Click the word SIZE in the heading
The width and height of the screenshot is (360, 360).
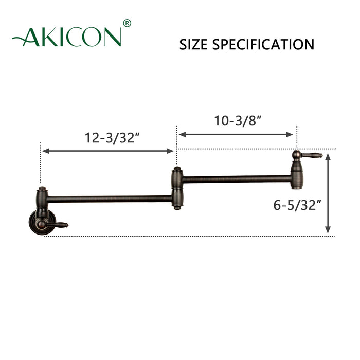click(x=193, y=45)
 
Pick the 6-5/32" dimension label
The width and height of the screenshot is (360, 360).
click(x=298, y=205)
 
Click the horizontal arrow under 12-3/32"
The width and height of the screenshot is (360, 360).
click(x=109, y=151)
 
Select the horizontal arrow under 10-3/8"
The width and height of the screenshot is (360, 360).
click(x=236, y=135)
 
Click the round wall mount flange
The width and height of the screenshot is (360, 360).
click(x=39, y=221)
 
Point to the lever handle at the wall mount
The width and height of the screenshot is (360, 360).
click(x=58, y=224)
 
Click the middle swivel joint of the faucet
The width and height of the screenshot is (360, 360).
click(x=176, y=188)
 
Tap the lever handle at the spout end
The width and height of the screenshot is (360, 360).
click(x=312, y=155)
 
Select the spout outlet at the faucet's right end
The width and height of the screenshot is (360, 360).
click(x=297, y=183)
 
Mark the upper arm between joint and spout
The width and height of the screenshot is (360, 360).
click(x=237, y=179)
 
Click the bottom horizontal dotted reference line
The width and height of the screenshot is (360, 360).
click(x=206, y=236)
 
